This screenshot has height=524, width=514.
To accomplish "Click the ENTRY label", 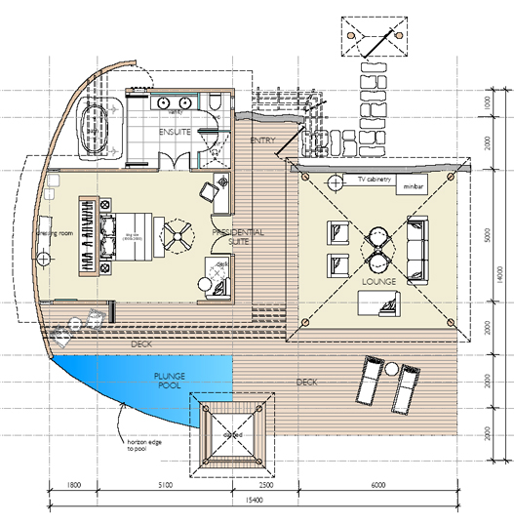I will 261,141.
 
